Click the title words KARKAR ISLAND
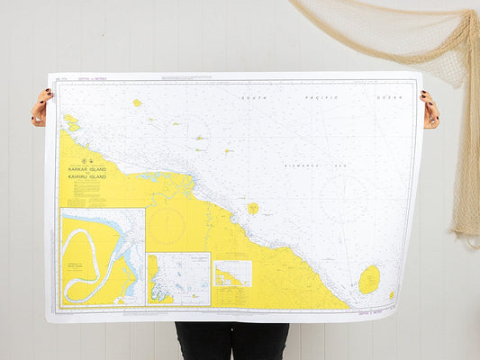87,168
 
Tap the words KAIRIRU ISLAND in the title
87,177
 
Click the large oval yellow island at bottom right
369,279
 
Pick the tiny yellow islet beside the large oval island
392,293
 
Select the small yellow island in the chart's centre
253,208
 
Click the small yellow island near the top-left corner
137,103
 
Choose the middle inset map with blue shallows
178,278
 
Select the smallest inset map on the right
232,274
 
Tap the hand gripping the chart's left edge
41,107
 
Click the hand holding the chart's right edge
430,110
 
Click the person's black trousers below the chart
232,340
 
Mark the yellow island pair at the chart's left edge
70,121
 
